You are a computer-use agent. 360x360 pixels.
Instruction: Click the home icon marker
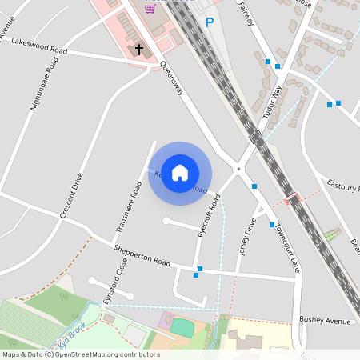(180, 173)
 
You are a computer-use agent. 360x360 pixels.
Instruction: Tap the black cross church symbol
(139, 50)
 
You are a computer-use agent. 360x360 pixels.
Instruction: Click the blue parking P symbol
(210, 23)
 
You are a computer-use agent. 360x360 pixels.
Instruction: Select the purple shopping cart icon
(150, 8)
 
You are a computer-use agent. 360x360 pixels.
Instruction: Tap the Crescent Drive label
(72, 196)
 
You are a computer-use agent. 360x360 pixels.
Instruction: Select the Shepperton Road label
(142, 257)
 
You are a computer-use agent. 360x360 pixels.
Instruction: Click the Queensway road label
(172, 79)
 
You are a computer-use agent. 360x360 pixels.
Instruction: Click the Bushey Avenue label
(325, 321)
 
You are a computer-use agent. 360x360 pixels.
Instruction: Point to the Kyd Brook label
(71, 329)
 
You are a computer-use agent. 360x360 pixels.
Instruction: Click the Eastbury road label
(344, 186)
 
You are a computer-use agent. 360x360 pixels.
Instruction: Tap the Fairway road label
(247, 14)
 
